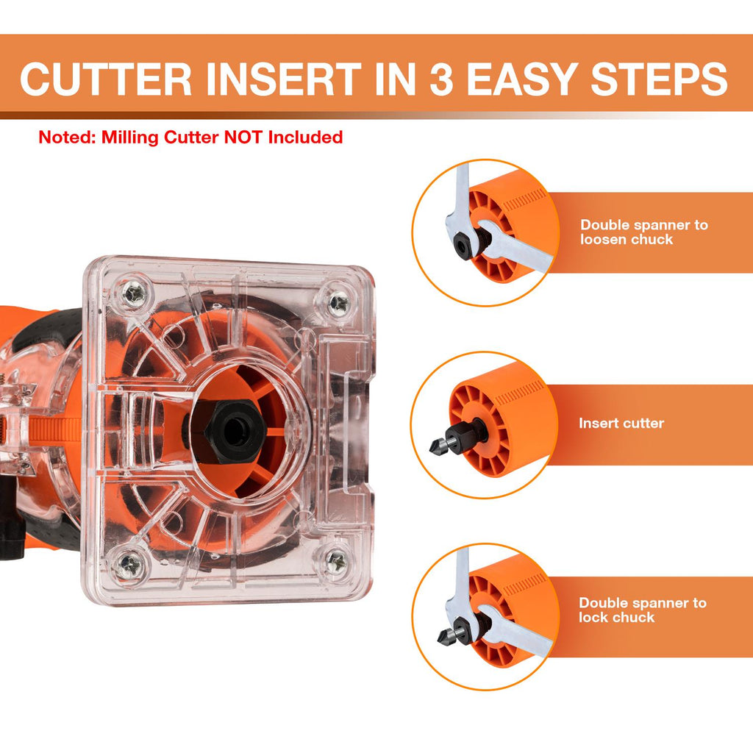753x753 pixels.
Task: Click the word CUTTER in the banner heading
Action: [106, 79]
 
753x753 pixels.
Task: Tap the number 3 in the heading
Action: [441, 79]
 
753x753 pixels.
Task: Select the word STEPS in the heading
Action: [659, 79]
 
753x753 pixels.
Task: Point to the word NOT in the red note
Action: [243, 138]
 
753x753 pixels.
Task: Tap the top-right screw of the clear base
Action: [340, 303]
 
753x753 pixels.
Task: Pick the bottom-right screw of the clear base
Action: [337, 561]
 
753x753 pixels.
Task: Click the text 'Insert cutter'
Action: [621, 423]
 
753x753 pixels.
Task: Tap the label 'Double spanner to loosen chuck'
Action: [644, 232]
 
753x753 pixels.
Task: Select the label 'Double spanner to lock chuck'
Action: [643, 610]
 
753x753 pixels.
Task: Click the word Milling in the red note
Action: [129, 138]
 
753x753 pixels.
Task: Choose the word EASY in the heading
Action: [523, 79]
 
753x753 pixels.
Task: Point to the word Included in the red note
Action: [305, 138]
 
